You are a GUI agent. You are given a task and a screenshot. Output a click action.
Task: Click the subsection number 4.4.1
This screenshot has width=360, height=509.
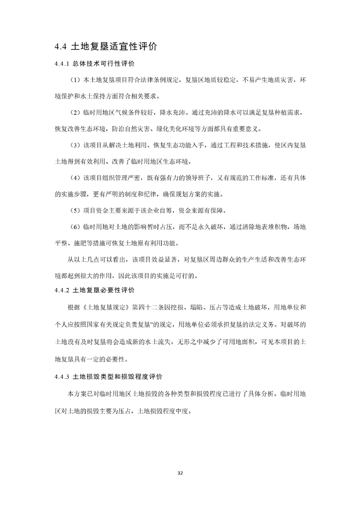(x=61, y=64)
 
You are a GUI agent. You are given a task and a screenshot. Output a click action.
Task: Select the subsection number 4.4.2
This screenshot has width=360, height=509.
(x=61, y=290)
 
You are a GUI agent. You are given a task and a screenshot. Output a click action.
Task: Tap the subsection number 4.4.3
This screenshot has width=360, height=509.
(x=61, y=377)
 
